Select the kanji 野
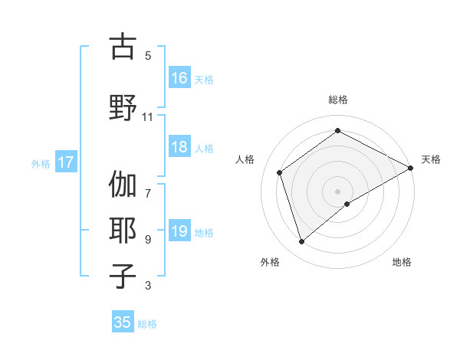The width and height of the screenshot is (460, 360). pos(123,106)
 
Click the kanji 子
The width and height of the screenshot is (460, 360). pos(123,276)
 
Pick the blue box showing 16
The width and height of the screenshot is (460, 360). pos(179,78)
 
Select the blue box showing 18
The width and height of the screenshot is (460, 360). pos(179,148)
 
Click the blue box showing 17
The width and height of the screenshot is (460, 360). pos(65,162)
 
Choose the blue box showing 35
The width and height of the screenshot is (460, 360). pos(123,322)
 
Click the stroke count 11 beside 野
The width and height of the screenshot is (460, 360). pos(147,117)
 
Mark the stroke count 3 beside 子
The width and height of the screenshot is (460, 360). pos(147,286)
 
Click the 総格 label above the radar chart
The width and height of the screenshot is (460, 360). pos(337,100)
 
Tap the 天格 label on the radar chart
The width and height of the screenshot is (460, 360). pos(431,159)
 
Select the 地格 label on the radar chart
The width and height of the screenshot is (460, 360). pos(402,262)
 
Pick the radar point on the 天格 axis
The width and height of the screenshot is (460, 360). pos(410,168)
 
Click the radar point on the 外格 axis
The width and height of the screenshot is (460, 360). pos(302,242)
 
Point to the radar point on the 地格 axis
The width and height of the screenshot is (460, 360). pos(347,204)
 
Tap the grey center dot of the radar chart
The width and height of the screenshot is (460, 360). pos(337,190)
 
